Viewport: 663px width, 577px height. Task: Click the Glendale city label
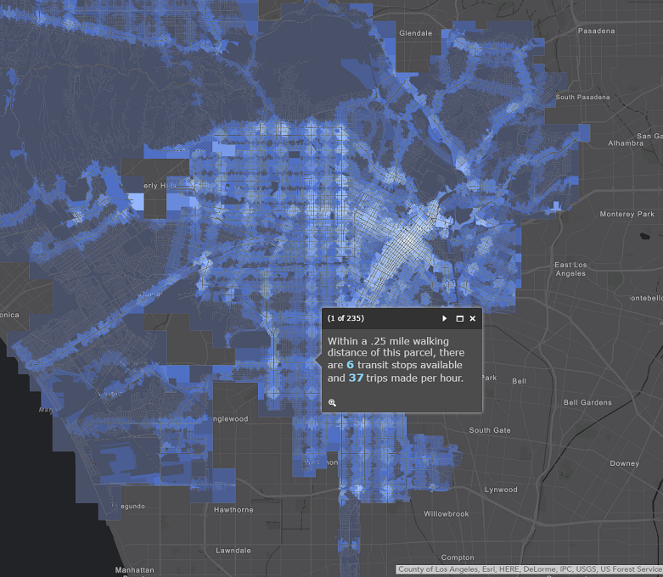[415, 33]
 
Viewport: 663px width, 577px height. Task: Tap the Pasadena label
[597, 31]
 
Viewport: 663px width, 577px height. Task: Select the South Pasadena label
[582, 98]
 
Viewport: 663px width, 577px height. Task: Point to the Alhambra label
[626, 143]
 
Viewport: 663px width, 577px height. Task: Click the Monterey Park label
[627, 214]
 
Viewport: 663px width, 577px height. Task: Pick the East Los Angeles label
[570, 269]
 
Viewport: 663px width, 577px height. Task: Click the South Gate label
[490, 430]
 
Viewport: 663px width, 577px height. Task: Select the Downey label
[624, 463]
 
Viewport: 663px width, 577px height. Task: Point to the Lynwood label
[501, 490]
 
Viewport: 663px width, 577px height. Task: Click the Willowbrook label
[447, 514]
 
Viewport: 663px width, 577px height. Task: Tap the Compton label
[458, 557]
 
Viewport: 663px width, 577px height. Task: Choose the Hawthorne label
[233, 510]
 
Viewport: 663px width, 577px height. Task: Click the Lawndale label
[233, 551]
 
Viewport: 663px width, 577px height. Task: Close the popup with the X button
[473, 318]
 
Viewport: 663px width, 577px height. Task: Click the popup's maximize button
[459, 318]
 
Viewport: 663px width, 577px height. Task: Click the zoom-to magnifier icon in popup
[333, 402]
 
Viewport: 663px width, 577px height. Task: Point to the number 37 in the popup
[356, 378]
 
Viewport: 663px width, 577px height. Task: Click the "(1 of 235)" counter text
[346, 318]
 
